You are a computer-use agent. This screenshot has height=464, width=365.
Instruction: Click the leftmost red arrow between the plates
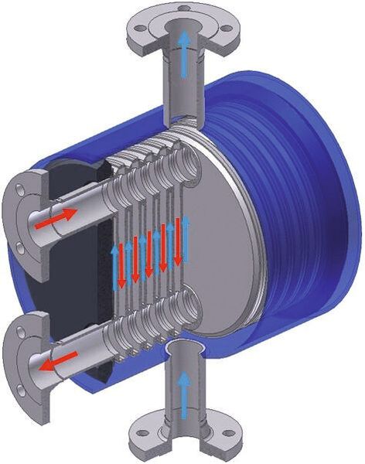click(132, 259)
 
